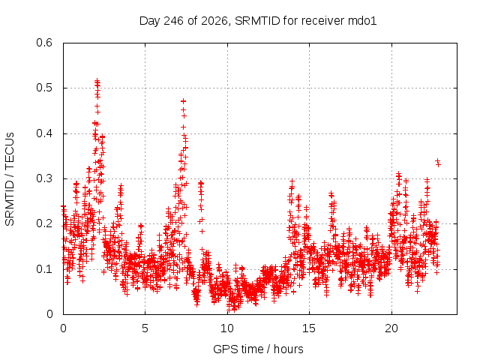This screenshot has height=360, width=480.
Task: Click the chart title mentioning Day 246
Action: coord(258,21)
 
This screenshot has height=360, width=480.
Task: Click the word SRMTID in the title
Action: coord(257,20)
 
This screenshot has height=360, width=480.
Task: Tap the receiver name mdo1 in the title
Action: coord(362,20)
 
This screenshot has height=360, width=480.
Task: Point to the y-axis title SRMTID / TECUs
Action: coord(10,179)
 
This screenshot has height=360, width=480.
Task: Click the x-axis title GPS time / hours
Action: coord(258,349)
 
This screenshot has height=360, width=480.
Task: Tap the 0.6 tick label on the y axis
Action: coord(44,43)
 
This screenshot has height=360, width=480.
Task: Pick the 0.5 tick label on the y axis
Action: coord(44,88)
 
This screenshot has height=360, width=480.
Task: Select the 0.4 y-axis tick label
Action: coord(44,133)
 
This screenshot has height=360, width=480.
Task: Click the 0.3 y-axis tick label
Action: coord(44,178)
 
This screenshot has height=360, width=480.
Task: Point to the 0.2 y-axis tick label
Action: coord(44,223)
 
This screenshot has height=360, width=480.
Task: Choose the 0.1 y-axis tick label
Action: coord(44,269)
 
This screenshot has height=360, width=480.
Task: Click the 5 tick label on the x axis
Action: coord(145,328)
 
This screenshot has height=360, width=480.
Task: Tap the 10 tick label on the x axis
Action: coord(227,328)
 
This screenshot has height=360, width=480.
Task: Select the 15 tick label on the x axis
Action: coord(309,328)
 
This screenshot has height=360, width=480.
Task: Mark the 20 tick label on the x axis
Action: coord(391,328)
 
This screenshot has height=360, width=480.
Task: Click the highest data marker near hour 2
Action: coord(97,80)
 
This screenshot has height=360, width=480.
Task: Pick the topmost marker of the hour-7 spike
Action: coord(183,101)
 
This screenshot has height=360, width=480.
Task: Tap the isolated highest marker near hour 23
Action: coord(438,160)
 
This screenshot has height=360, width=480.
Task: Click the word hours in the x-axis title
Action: coord(288,349)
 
